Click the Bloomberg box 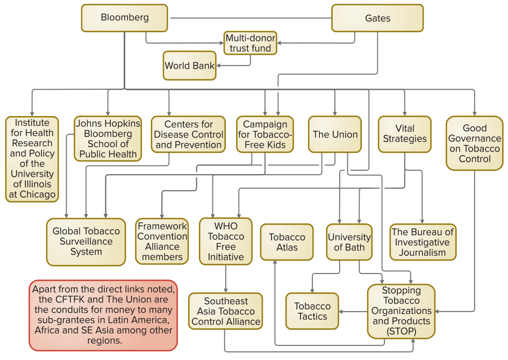[125, 18]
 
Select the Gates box [377, 18]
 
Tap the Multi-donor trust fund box [250, 43]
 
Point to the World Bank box [189, 66]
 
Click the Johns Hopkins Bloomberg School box [108, 139]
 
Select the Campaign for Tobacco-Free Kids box [265, 134]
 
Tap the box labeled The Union [335, 134]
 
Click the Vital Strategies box [404, 134]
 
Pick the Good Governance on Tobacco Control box [474, 143]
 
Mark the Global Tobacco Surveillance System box [86, 241]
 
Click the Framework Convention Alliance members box [162, 241]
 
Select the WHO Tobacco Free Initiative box [226, 241]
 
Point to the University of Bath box [349, 242]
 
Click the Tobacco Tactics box [312, 311]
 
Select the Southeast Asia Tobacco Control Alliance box [226, 311]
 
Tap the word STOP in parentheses [401, 332]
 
